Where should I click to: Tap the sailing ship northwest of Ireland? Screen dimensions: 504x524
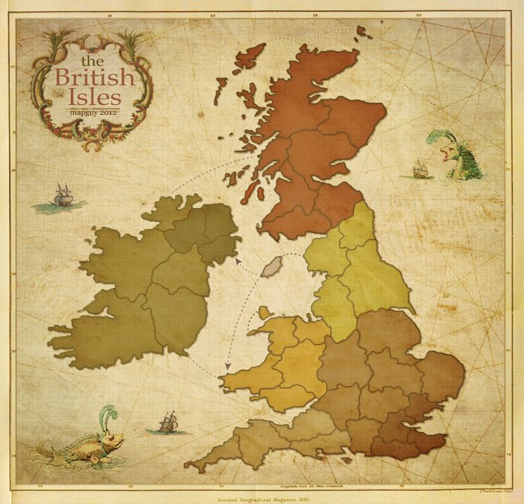[x=62, y=195]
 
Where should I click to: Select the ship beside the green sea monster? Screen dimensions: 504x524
[x=419, y=169]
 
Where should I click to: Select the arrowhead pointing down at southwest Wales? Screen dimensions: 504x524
[x=227, y=365]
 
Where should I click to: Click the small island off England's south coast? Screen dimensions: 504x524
[x=347, y=461]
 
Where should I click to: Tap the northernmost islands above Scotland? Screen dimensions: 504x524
[x=364, y=31]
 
